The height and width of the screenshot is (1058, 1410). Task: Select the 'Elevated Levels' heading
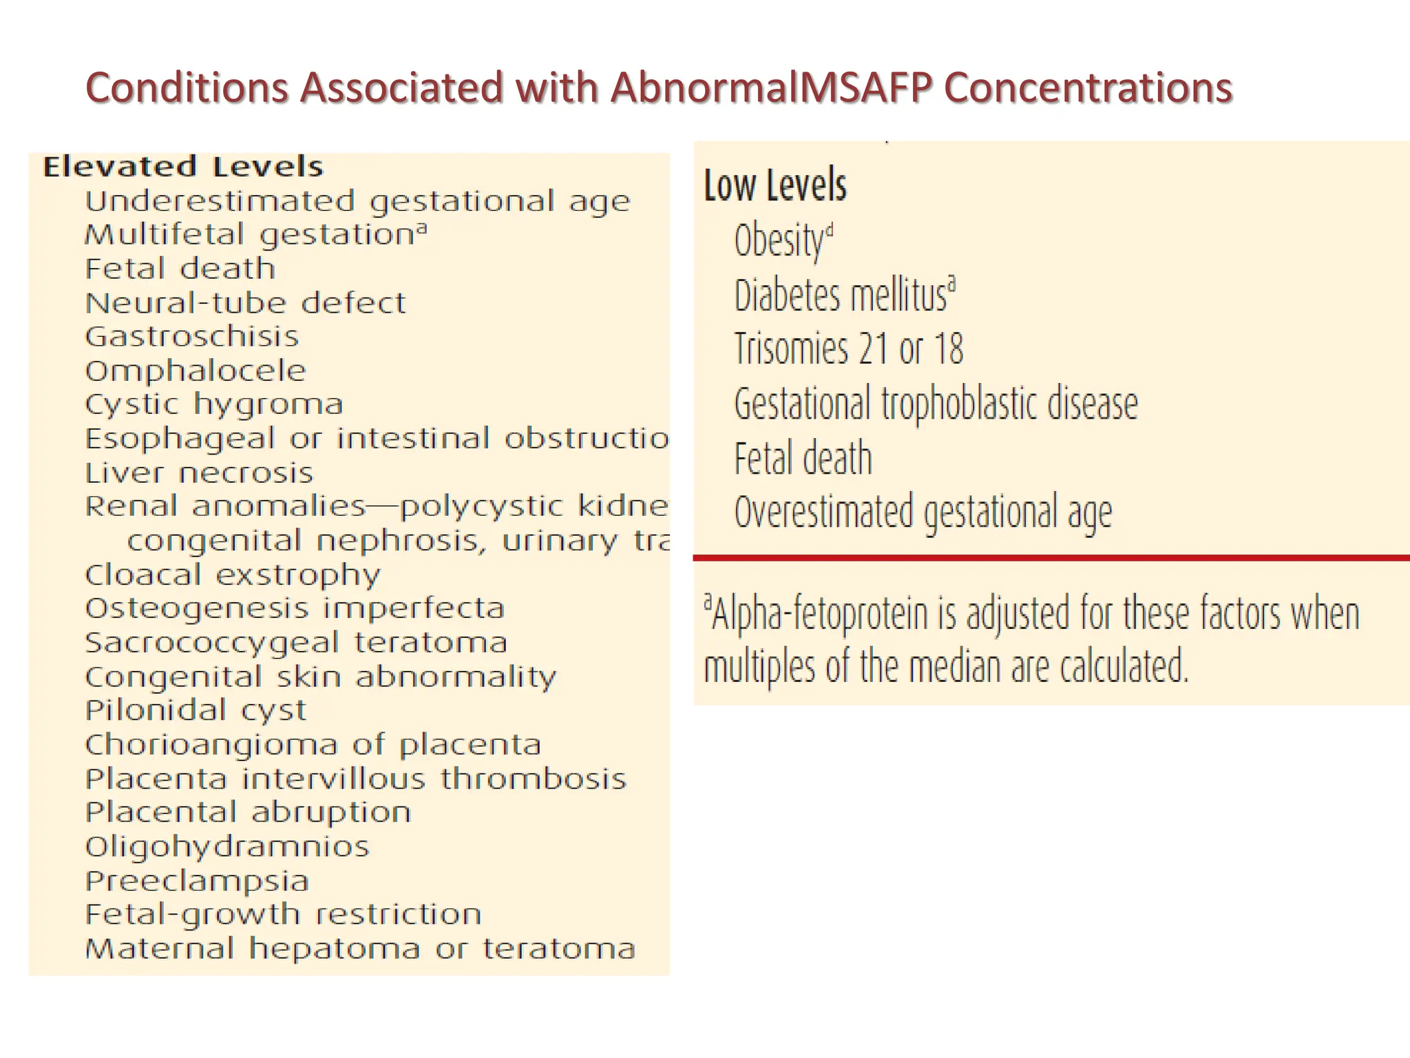pyautogui.click(x=182, y=167)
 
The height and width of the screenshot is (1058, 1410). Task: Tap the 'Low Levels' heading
pyautogui.click(x=775, y=185)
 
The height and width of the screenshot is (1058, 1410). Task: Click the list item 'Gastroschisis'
pyautogui.click(x=192, y=337)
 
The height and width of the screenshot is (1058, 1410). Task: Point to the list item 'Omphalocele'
pyautogui.click(x=196, y=371)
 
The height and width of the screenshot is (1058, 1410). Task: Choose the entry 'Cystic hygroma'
pyautogui.click(x=213, y=404)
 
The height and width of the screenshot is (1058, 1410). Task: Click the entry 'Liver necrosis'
pyautogui.click(x=199, y=473)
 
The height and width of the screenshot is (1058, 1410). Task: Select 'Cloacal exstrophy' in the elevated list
pyautogui.click(x=233, y=575)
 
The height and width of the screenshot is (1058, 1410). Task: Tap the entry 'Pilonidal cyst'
pyautogui.click(x=196, y=710)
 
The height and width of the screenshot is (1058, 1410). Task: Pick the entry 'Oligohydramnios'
pyautogui.click(x=227, y=847)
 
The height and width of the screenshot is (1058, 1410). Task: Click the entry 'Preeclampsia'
pyautogui.click(x=197, y=881)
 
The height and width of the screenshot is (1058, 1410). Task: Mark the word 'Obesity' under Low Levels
pyautogui.click(x=779, y=241)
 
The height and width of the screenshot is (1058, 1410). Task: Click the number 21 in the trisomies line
pyautogui.click(x=873, y=349)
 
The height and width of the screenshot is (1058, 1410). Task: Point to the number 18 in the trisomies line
pyautogui.click(x=948, y=349)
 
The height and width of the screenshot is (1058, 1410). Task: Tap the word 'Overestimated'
pyautogui.click(x=823, y=512)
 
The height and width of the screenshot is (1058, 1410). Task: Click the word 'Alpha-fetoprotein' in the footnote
pyautogui.click(x=820, y=614)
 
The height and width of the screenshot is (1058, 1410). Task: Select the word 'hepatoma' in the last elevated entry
pyautogui.click(x=335, y=949)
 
